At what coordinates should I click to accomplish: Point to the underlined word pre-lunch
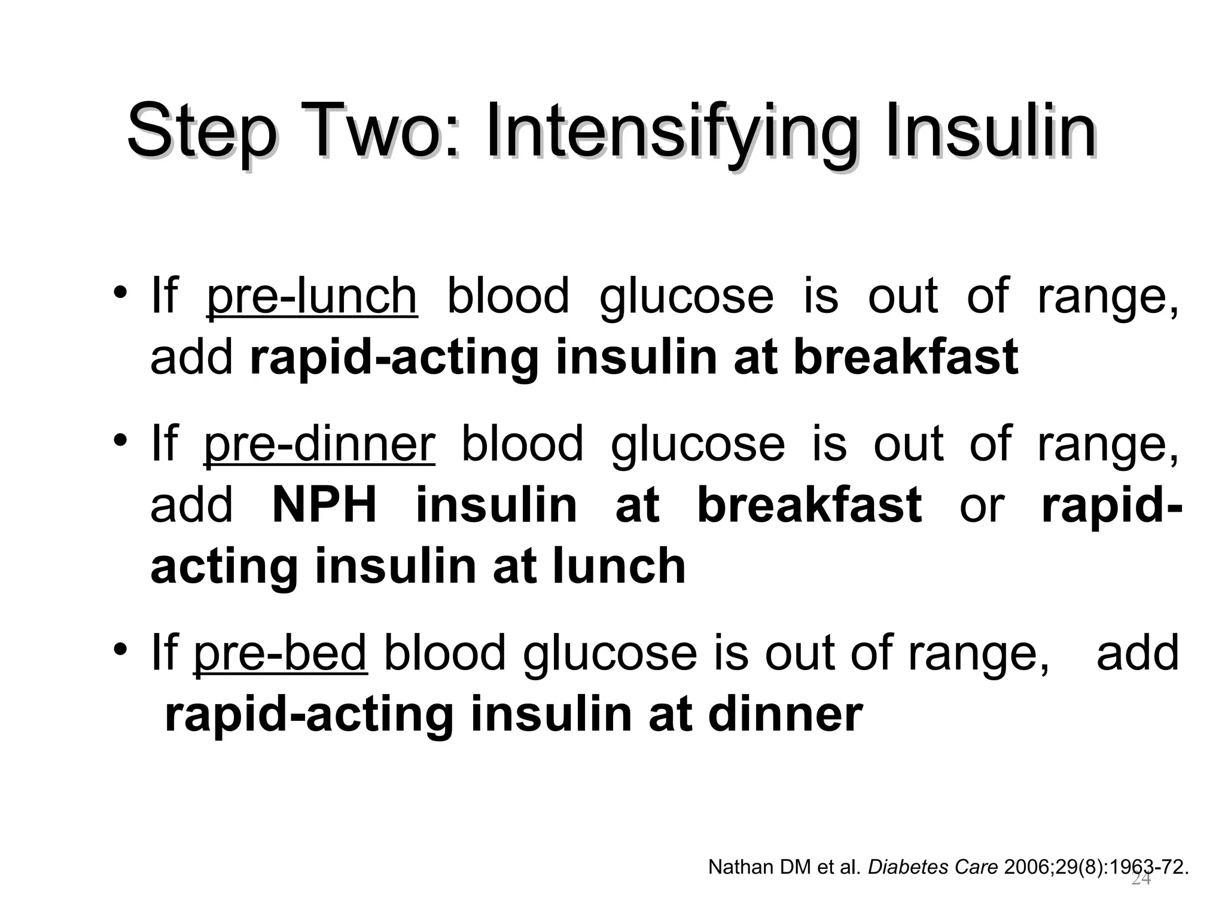[x=312, y=297]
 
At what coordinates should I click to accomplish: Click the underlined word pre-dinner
[x=319, y=445]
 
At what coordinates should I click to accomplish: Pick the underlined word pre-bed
[x=280, y=653]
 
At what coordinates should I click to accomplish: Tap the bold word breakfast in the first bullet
[x=906, y=357]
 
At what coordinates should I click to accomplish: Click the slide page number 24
[x=1141, y=880]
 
